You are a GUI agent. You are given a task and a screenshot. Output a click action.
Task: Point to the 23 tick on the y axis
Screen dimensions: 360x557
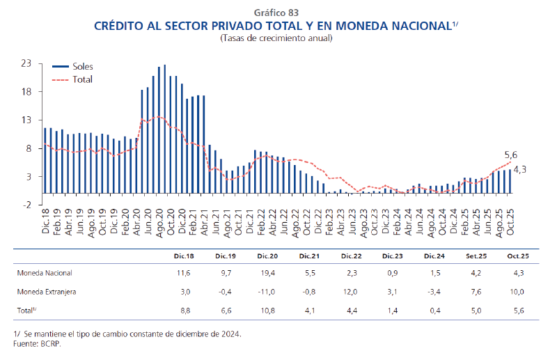click(x=26, y=63)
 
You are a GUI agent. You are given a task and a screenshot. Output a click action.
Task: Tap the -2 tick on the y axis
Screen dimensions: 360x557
click(x=26, y=205)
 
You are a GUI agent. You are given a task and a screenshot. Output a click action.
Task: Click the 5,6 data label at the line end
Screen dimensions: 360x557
click(x=511, y=155)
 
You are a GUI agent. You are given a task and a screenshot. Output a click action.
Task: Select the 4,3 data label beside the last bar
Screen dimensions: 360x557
click(x=519, y=169)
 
